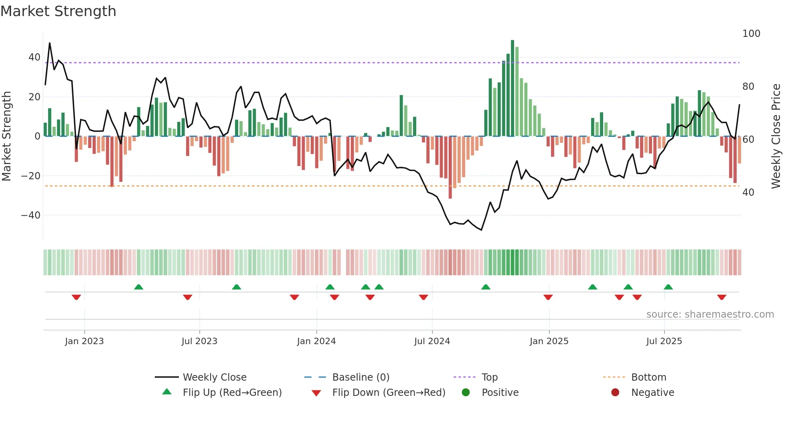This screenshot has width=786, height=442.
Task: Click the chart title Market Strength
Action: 58,11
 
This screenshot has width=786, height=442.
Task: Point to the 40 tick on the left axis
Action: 34,57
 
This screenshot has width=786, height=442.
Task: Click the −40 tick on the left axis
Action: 31,215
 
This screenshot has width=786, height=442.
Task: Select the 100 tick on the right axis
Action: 751,34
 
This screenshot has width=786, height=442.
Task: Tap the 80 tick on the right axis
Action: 748,87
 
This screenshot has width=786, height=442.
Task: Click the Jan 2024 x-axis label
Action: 316,341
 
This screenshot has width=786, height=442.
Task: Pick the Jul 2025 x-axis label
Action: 664,341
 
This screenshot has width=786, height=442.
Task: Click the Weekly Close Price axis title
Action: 776,136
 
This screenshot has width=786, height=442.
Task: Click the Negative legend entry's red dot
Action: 615,392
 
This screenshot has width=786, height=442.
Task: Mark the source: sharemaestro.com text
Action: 710,314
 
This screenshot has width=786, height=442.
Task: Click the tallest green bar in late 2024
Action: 512,88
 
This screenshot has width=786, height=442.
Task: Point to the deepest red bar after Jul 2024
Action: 450,167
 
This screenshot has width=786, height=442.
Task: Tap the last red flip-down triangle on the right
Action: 721,297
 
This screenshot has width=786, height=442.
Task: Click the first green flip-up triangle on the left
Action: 138,287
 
